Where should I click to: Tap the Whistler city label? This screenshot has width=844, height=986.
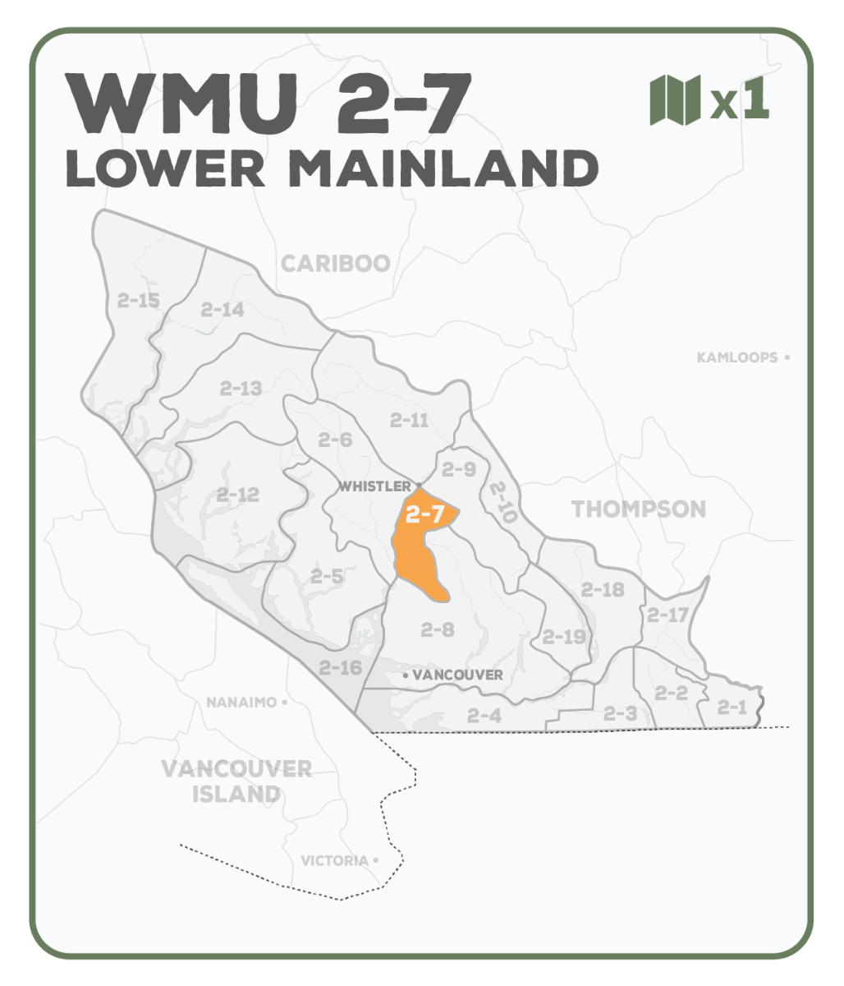pos(375,486)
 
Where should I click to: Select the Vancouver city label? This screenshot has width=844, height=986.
pos(457,675)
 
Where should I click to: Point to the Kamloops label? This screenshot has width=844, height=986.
pos(736,357)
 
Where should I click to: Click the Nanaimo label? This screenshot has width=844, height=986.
pos(241,703)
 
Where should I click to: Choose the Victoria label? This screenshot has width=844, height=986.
pos(334,860)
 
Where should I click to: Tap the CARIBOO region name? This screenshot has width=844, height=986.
pos(335,263)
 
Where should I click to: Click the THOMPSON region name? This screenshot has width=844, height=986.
pos(638,509)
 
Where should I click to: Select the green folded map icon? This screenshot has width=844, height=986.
pos(675,99)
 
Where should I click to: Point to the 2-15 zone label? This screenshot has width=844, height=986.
pos(138,301)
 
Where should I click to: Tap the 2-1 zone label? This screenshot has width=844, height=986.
pos(732,707)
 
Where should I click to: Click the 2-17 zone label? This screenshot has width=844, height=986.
pos(667,615)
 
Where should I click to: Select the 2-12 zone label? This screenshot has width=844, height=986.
pos(238,495)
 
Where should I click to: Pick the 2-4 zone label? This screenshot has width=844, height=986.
pos(484,716)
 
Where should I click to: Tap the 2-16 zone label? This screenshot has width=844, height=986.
pos(340,667)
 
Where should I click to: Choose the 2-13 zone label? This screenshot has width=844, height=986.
pos(241,388)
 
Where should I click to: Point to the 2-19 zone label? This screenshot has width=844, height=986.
pos(564,636)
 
